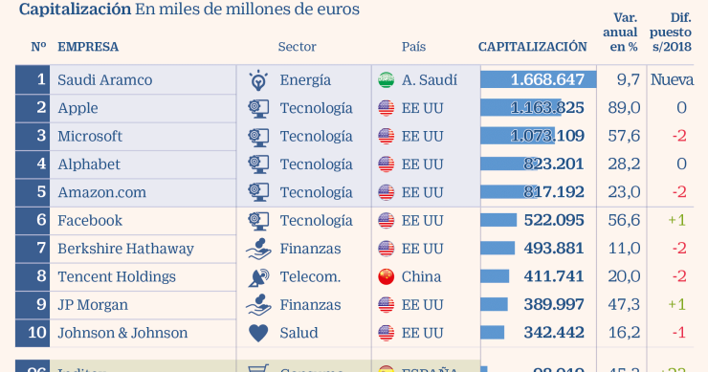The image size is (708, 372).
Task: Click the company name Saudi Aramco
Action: pyautogui.click(x=105, y=79)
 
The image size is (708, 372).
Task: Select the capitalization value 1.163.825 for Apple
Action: pyautogui.click(x=547, y=108)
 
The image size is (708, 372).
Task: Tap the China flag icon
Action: pyautogui.click(x=386, y=277)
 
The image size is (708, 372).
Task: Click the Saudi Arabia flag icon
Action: pyautogui.click(x=386, y=79)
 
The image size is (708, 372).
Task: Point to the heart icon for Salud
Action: pyautogui.click(x=257, y=334)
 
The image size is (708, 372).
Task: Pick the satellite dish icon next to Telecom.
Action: pyautogui.click(x=257, y=277)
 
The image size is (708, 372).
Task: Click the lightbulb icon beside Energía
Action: pyautogui.click(x=257, y=79)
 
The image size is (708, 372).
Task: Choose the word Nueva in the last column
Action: pyautogui.click(x=672, y=79)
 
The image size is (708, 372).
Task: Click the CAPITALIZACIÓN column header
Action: pyautogui.click(x=532, y=46)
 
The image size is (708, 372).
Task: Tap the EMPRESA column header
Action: pyautogui.click(x=88, y=46)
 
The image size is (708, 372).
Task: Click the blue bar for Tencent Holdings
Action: pyautogui.click(x=495, y=277)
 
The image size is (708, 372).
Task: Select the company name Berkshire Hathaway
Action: pyautogui.click(x=125, y=249)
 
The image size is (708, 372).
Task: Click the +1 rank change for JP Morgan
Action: pyautogui.click(x=676, y=305)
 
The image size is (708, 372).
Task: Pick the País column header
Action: pyautogui.click(x=414, y=46)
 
